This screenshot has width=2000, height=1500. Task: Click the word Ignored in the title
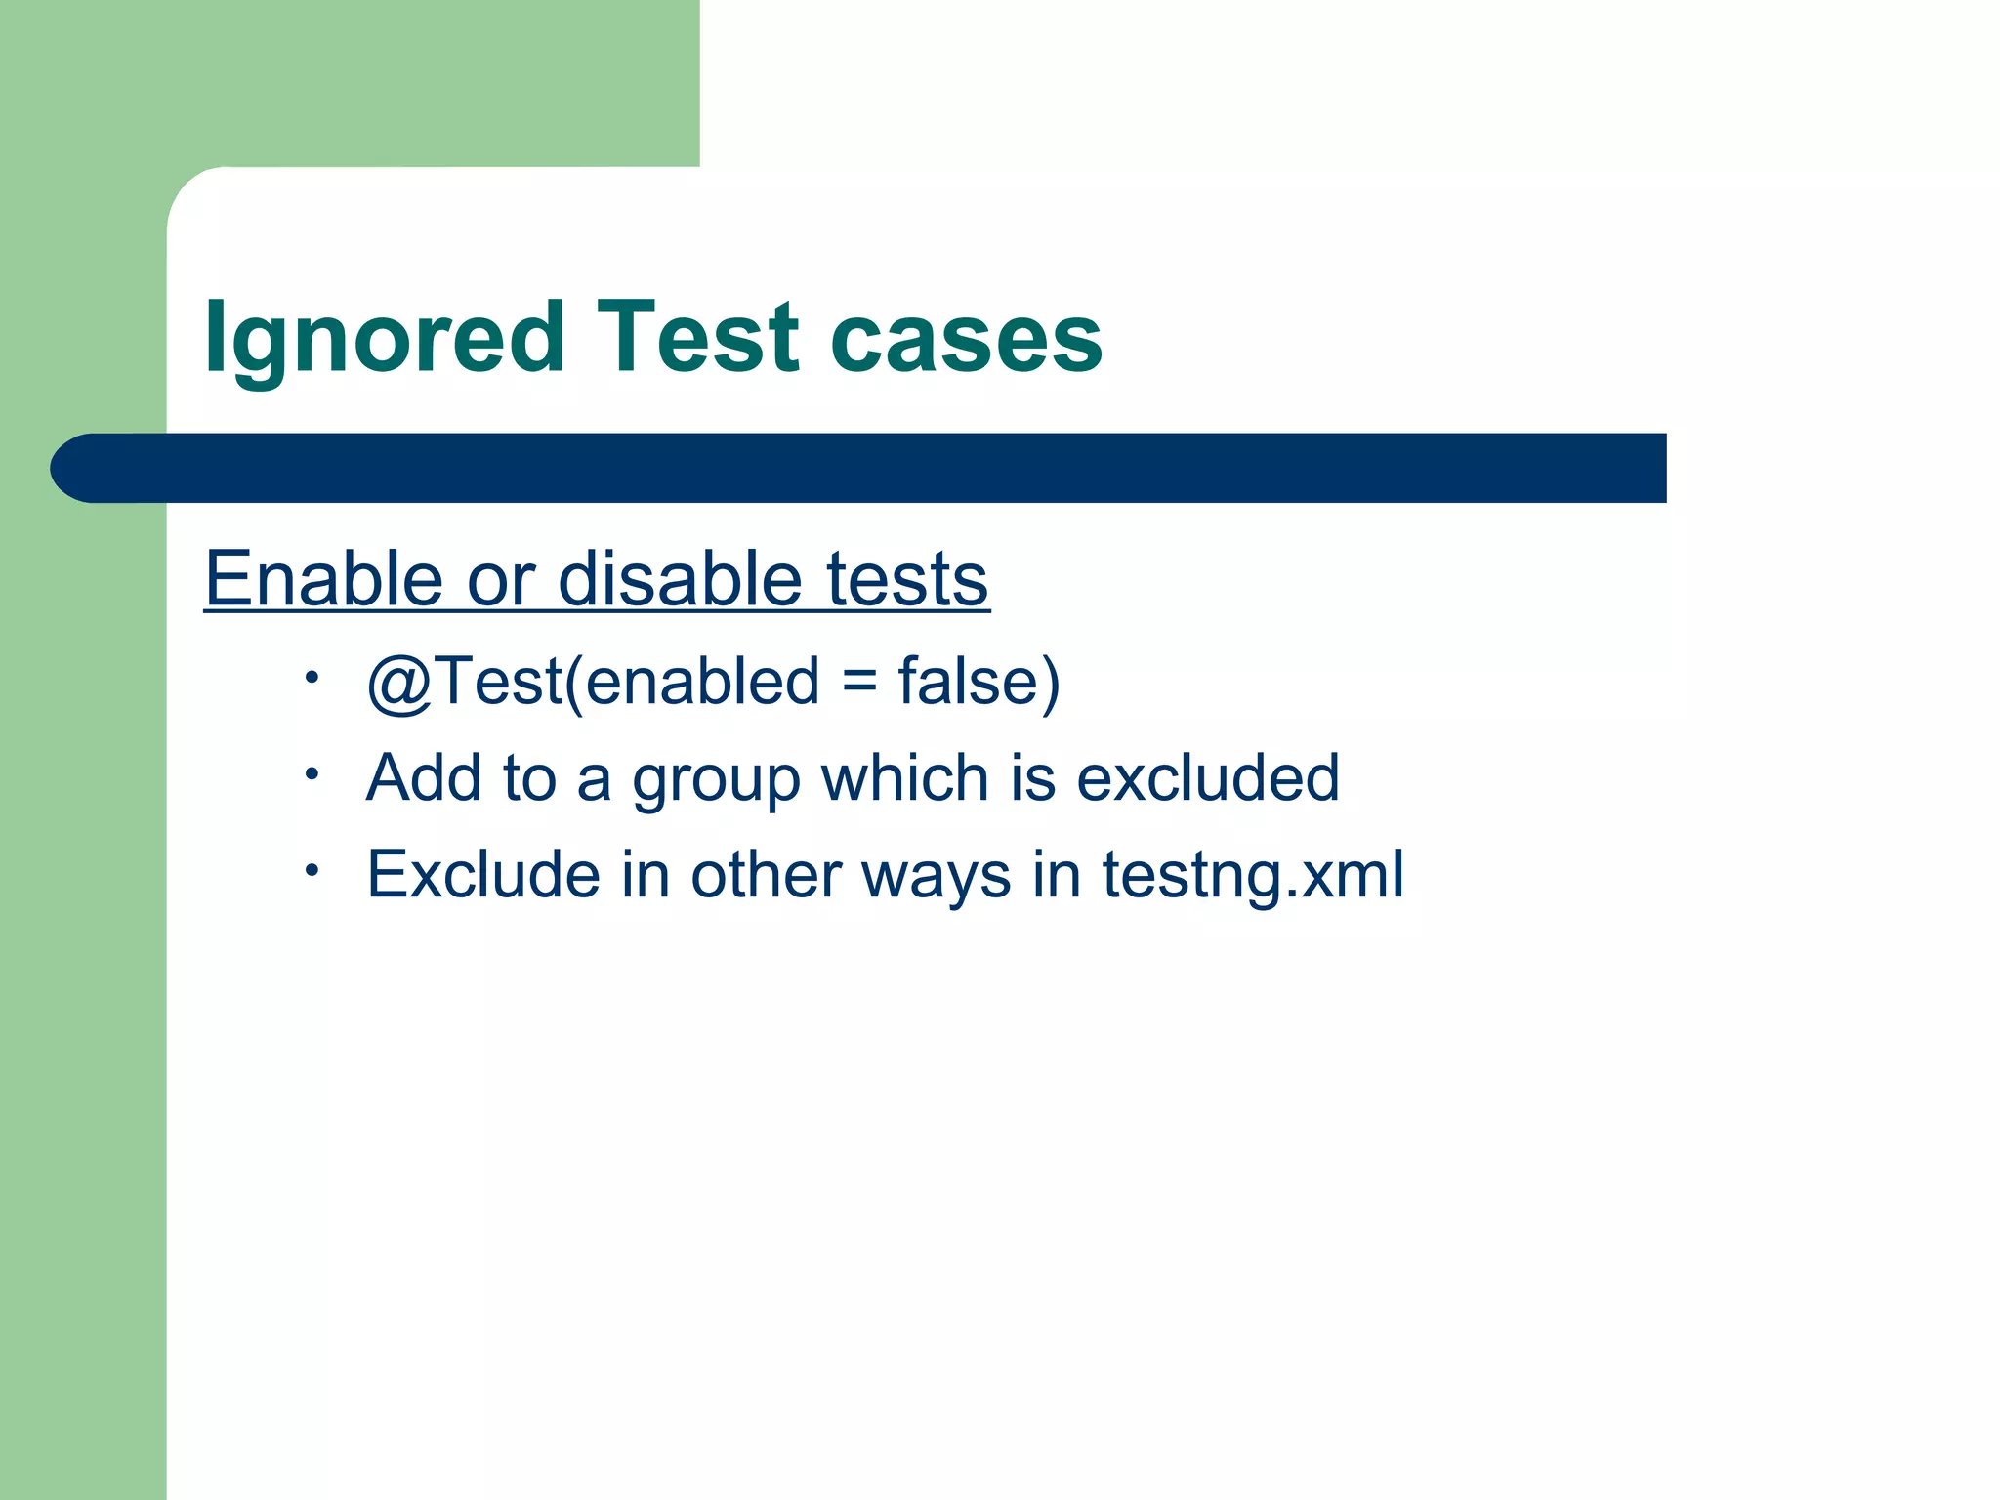coord(384,339)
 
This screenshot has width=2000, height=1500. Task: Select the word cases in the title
coord(966,339)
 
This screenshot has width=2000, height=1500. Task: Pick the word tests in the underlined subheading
coord(907,578)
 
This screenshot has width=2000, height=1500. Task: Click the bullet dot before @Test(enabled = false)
coord(312,677)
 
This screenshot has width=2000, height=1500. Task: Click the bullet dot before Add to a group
coord(312,774)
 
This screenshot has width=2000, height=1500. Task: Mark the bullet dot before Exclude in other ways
coord(312,870)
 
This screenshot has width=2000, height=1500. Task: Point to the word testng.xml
coord(1253,875)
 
